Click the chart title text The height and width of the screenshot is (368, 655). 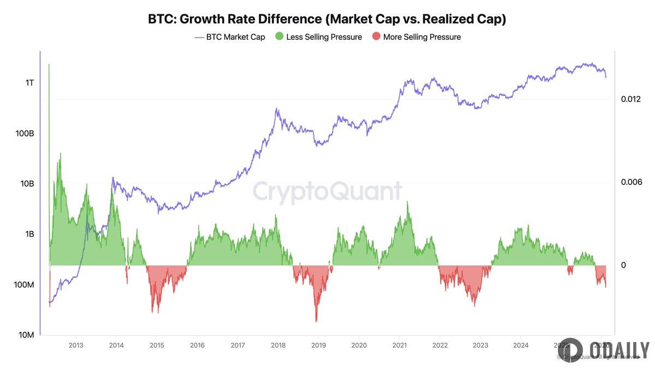(x=327, y=19)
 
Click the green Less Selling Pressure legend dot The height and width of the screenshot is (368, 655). (x=279, y=37)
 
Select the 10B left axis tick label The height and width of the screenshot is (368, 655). (x=27, y=184)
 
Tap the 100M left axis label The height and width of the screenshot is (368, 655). (x=24, y=285)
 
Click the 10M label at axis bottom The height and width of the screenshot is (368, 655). (x=26, y=335)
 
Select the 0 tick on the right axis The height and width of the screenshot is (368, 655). (x=623, y=266)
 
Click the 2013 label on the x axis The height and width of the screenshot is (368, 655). (x=76, y=345)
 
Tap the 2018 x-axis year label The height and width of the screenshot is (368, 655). (x=278, y=345)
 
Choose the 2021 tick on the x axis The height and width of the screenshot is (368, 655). (x=399, y=345)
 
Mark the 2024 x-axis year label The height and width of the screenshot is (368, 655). (x=520, y=345)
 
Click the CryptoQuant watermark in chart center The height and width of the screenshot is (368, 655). (x=327, y=192)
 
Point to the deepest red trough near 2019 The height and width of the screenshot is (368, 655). (x=316, y=321)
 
